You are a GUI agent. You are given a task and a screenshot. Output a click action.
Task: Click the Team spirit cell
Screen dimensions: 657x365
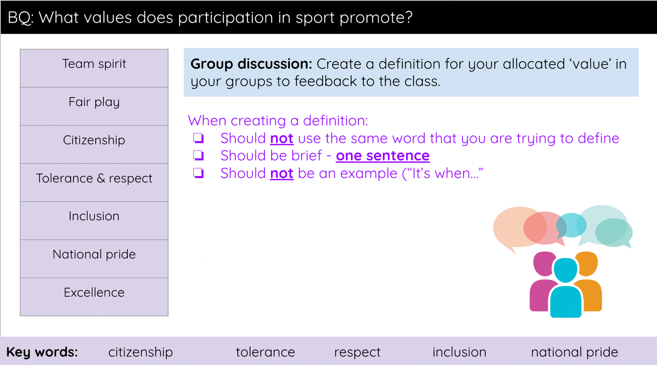(x=94, y=68)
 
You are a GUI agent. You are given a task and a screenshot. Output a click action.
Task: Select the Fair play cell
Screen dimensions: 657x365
(x=94, y=106)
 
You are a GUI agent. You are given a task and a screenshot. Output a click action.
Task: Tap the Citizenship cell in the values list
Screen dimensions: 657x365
(x=94, y=145)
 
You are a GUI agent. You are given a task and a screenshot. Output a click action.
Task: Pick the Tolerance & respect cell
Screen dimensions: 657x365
(x=94, y=183)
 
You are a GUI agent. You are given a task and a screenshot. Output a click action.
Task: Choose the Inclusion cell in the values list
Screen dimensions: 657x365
(x=94, y=221)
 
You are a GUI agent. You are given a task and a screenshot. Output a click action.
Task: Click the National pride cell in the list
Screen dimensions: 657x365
(x=94, y=259)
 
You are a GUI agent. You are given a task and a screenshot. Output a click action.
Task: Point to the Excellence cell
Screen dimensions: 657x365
(x=94, y=297)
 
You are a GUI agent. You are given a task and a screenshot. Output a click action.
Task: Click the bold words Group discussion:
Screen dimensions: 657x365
(x=251, y=64)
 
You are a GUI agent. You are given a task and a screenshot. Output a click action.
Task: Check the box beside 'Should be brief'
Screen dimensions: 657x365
(x=199, y=155)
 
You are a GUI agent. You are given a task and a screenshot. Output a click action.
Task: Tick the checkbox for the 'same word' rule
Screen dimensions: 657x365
(x=199, y=138)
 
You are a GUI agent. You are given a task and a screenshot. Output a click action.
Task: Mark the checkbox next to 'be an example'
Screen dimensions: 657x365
(x=199, y=173)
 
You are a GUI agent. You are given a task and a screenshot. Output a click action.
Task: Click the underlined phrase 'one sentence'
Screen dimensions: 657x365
(x=383, y=156)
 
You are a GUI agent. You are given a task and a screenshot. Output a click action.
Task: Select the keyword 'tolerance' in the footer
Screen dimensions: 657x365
(x=265, y=352)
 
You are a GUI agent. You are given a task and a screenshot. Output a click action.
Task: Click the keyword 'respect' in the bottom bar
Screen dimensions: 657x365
(x=357, y=352)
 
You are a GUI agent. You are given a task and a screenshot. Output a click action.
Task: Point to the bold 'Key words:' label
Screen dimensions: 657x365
(x=42, y=352)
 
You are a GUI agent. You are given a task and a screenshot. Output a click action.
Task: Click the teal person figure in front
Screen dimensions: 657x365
(x=566, y=289)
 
